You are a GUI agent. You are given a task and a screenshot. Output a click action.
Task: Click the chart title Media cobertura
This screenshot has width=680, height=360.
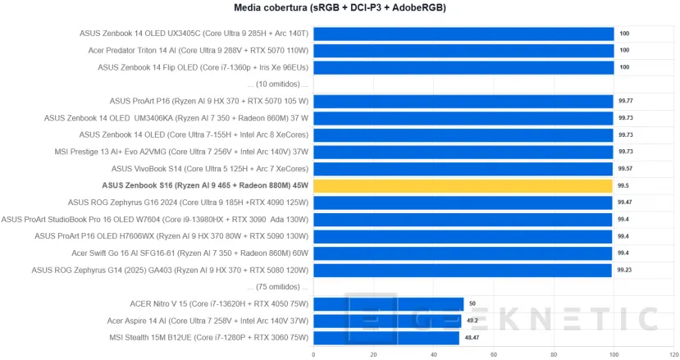click(x=340, y=8)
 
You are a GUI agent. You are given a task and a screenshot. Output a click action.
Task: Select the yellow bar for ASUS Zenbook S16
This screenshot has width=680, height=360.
click(x=463, y=185)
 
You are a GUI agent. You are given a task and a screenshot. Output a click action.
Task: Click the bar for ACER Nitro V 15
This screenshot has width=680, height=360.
click(x=388, y=303)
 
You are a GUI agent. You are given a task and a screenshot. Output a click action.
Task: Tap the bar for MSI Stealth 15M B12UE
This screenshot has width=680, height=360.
click(x=386, y=338)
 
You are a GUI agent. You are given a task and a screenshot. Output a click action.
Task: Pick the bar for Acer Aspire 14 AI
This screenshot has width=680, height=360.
click(x=387, y=321)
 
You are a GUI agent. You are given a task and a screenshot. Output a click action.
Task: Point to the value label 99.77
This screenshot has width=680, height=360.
click(x=626, y=101)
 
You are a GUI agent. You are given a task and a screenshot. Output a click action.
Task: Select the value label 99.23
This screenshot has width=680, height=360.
click(x=626, y=270)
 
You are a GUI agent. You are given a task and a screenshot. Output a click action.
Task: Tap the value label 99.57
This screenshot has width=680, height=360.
click(x=626, y=168)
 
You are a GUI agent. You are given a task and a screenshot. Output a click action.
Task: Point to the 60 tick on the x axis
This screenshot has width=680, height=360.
click(x=494, y=354)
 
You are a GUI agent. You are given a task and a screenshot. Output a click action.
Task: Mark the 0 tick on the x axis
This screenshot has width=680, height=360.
click(x=313, y=354)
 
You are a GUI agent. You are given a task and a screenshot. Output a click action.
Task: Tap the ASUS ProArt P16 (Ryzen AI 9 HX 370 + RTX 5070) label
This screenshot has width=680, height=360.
click(x=209, y=101)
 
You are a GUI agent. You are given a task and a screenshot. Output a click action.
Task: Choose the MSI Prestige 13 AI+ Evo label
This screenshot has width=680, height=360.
click(x=194, y=152)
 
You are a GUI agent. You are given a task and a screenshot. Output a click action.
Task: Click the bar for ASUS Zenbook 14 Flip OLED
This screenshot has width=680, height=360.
click(x=463, y=67)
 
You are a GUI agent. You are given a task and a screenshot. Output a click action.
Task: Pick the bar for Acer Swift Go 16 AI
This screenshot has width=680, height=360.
click(x=463, y=253)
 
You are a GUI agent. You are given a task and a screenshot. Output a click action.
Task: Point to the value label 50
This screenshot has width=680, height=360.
click(x=472, y=303)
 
